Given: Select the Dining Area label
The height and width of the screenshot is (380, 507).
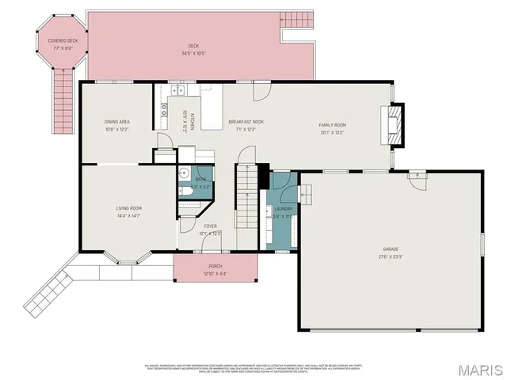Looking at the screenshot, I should (116, 122).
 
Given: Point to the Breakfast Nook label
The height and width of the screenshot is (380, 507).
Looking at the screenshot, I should (246, 122).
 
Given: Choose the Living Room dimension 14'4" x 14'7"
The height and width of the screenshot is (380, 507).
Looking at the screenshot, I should (128, 215).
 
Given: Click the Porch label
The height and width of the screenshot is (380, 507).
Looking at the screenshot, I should (215, 266).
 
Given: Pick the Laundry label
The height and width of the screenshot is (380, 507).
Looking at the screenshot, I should (284, 208).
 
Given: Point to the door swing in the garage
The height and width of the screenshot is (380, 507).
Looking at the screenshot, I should (414, 179).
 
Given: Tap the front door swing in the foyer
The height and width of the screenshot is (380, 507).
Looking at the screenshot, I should (189, 225).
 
